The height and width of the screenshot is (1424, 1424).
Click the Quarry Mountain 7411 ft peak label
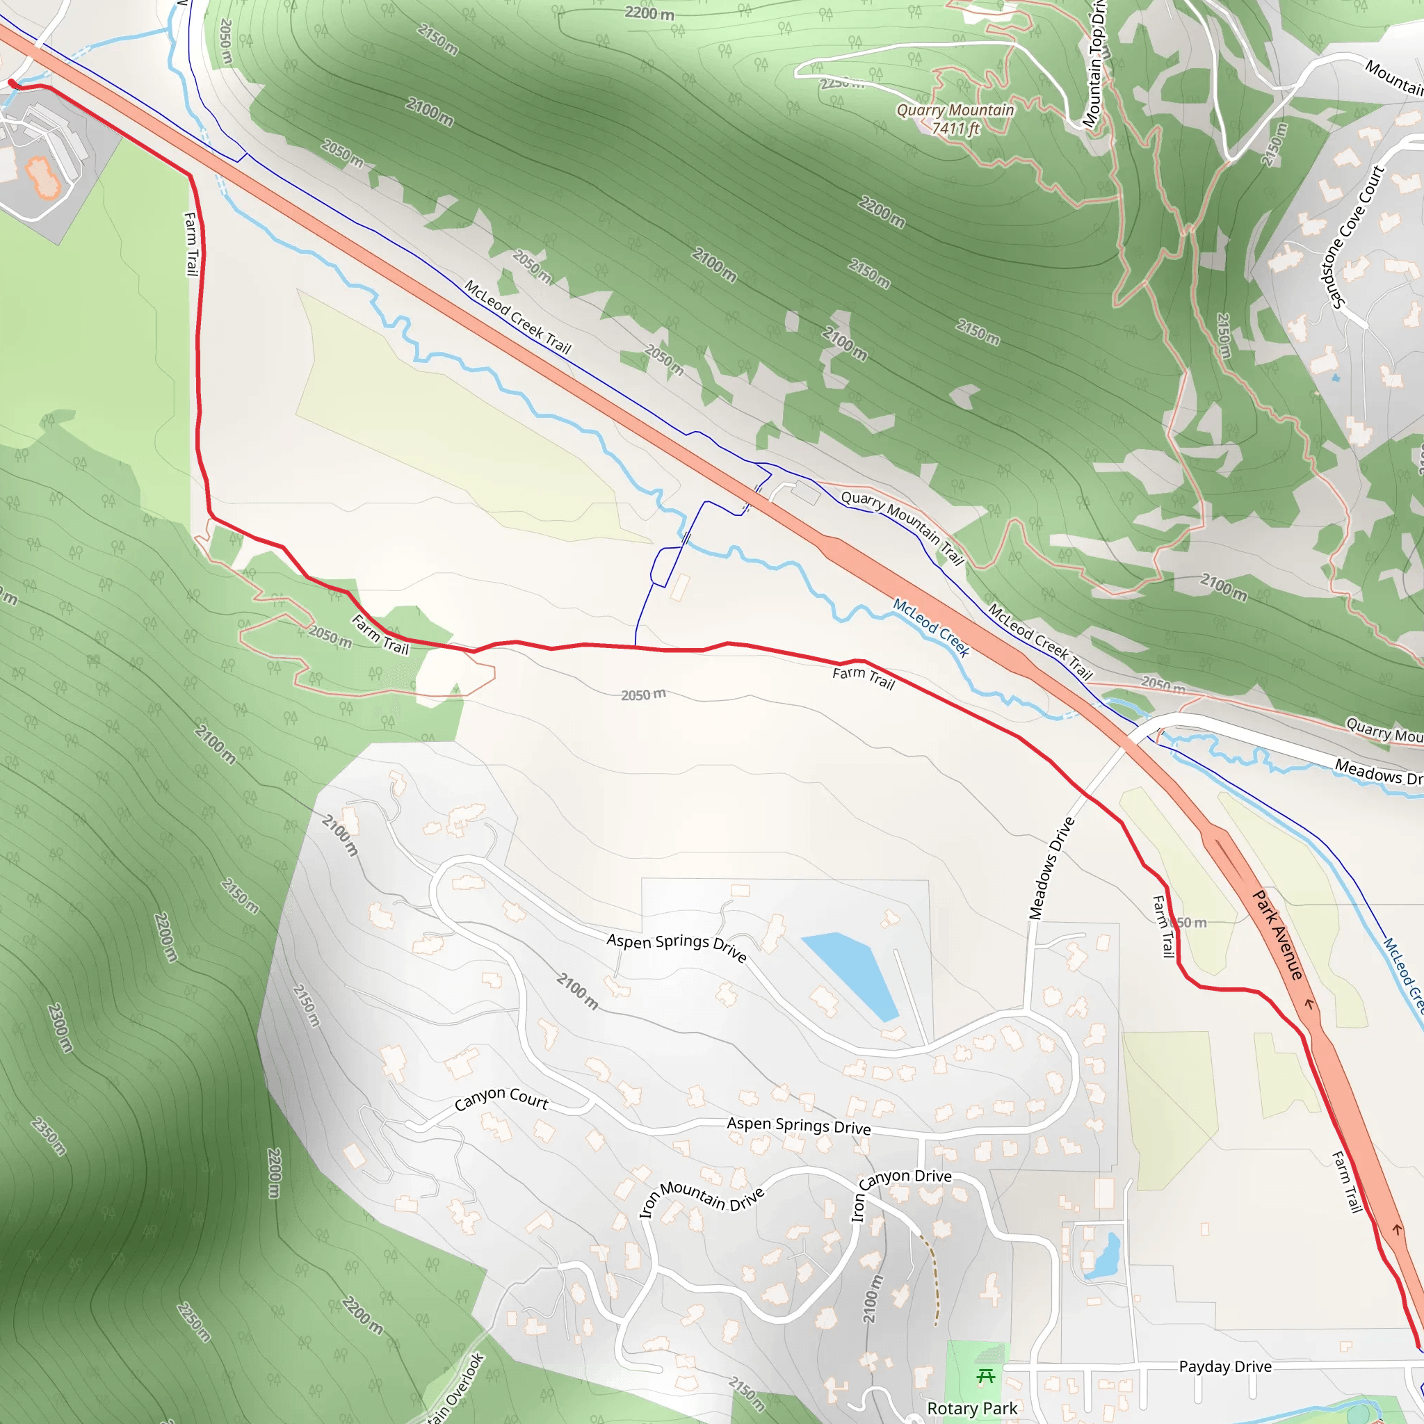point(955,119)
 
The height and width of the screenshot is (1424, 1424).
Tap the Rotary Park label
point(971,1408)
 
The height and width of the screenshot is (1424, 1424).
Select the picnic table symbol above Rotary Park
point(985,1376)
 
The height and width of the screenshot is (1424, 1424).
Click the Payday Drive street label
point(1225,1366)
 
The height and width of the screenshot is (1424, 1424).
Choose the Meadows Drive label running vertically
point(1051,868)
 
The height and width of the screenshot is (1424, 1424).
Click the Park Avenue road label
point(1278,934)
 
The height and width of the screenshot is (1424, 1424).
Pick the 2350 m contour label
point(49,1136)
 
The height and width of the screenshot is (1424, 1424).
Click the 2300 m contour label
point(60,1027)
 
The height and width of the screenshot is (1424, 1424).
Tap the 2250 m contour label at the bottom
point(193,1322)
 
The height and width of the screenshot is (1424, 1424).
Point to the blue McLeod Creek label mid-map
point(931,626)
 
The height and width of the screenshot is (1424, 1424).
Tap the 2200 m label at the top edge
point(649,13)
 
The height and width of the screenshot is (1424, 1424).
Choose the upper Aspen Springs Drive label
point(677,946)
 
